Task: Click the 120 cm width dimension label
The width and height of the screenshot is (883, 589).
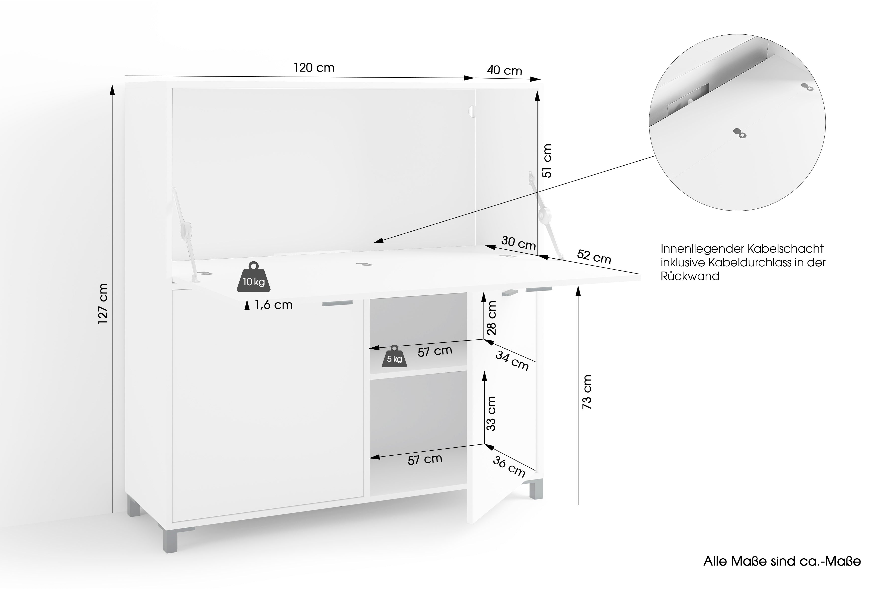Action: coord(314,68)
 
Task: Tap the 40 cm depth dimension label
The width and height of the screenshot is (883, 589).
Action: coord(504,71)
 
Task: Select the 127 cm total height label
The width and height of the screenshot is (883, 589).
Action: coord(103,303)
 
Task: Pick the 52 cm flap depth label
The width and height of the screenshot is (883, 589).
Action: coord(594,257)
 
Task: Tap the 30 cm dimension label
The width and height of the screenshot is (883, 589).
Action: coord(518,243)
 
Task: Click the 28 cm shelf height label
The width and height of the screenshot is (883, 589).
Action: coord(491,318)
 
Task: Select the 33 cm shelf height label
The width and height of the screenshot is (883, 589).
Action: coord(491,413)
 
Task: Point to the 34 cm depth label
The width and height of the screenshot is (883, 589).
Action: coord(512,360)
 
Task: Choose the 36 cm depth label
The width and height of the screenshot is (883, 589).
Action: coord(509,467)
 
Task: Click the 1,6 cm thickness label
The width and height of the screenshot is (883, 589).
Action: coord(273,305)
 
